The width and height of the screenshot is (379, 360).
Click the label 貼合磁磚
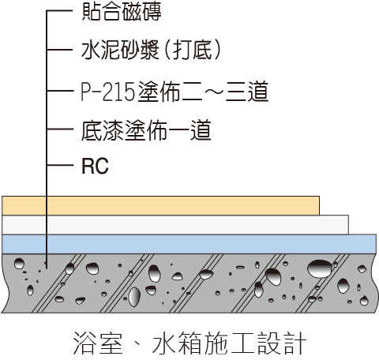tap(122, 12)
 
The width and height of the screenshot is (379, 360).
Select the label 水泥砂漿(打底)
tap(151, 50)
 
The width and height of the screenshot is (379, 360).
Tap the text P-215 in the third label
tap(107, 92)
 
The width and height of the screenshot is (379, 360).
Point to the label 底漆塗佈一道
tap(146, 130)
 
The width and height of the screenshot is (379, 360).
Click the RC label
tap(95, 166)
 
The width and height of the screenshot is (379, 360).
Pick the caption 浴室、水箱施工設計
tap(189, 343)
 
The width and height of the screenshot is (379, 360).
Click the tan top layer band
tap(160, 205)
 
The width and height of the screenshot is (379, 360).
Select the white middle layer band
tap(175, 225)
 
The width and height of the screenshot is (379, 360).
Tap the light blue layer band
tap(189, 244)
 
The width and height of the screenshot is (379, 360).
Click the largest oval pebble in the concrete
tap(320, 268)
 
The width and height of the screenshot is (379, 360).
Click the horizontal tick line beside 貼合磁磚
tap(59, 11)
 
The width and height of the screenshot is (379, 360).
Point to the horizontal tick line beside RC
tap(59, 165)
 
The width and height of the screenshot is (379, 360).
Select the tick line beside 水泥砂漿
tap(59, 49)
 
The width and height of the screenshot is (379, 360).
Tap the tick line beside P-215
tap(59, 91)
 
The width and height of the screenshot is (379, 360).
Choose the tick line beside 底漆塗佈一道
tap(59, 129)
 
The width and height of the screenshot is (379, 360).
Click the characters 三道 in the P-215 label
tap(247, 92)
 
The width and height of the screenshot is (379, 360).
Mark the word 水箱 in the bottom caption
tap(177, 343)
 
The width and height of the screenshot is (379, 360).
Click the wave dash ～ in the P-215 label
tap(213, 92)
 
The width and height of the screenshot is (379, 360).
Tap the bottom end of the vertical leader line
tap(47, 268)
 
